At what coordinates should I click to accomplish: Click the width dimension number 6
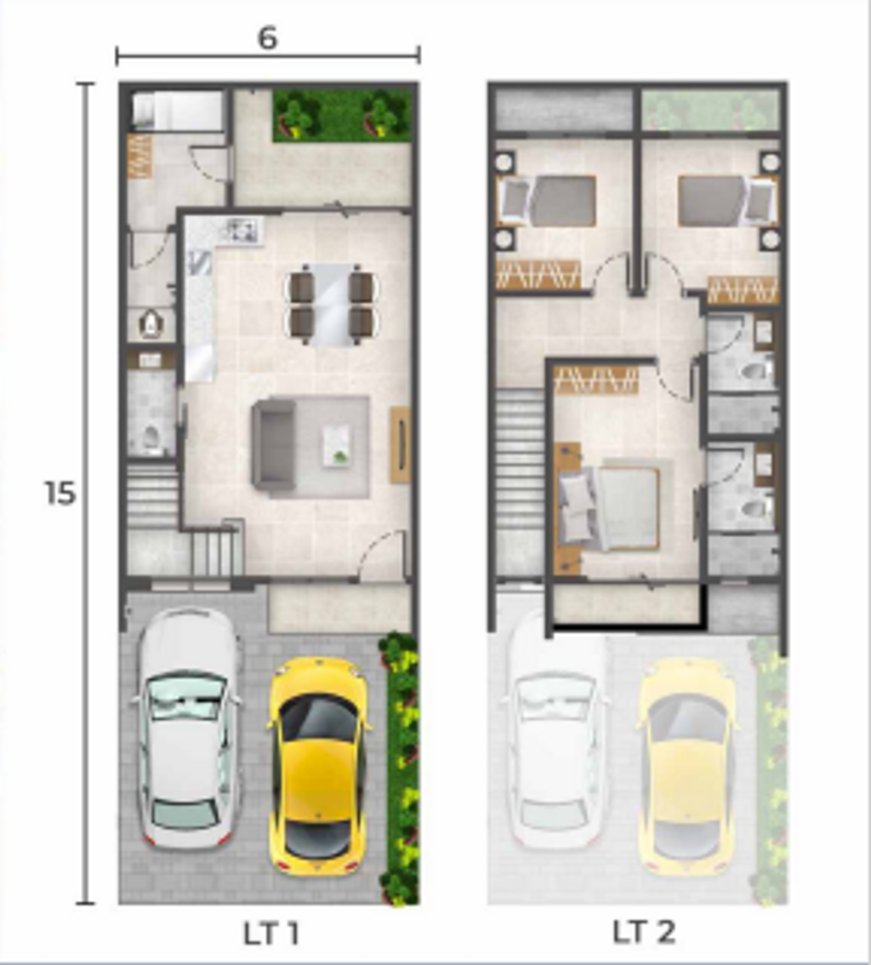click(268, 38)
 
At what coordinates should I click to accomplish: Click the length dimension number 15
click(60, 493)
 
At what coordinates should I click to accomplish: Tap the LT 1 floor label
click(271, 933)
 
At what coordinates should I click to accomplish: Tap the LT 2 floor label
click(643, 932)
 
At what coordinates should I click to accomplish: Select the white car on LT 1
click(187, 728)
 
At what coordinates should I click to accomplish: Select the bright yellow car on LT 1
click(319, 766)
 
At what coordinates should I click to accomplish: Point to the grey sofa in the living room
click(272, 446)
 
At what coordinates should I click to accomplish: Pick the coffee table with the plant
click(337, 445)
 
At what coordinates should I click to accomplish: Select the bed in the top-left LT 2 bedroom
click(549, 201)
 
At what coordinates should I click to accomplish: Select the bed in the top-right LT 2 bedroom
click(726, 201)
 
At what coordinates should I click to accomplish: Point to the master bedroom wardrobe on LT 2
click(596, 380)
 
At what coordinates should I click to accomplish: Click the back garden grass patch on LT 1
click(342, 115)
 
